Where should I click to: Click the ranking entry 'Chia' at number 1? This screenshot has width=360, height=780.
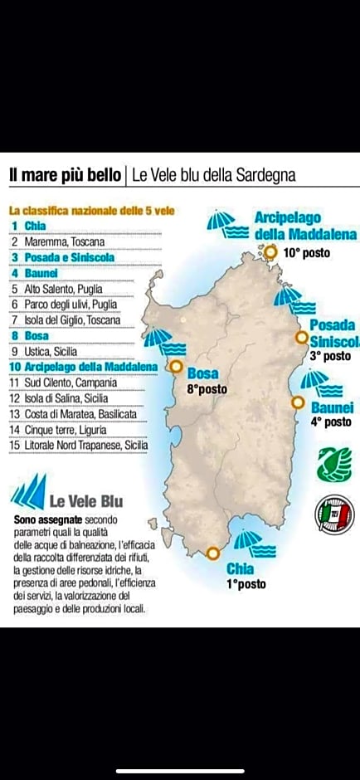click(x=36, y=226)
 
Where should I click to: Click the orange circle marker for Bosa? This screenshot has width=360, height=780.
click(x=175, y=366)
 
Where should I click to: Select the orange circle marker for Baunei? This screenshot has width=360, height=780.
click(x=298, y=402)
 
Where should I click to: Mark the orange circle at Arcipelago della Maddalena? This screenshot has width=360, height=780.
click(x=270, y=249)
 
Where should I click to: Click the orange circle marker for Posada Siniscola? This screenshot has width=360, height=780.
click(x=302, y=337)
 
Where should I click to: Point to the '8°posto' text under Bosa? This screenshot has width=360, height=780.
click(x=206, y=388)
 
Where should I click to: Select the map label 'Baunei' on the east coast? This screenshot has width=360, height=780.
click(x=332, y=407)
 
